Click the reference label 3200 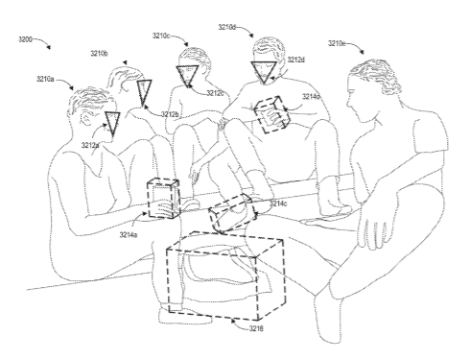pyautogui.click(x=25, y=39)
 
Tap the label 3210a pyautogui.click(x=45, y=79)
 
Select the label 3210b pyautogui.click(x=99, y=54)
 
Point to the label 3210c pyautogui.click(x=161, y=36)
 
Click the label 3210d pyautogui.click(x=227, y=27)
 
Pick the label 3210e pyautogui.click(x=337, y=43)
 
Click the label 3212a pyautogui.click(x=90, y=146)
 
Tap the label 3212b pyautogui.click(x=170, y=114)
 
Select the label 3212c pyautogui.click(x=215, y=93)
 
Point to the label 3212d pyautogui.click(x=296, y=60)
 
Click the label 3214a pyautogui.click(x=129, y=235)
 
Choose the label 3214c pyautogui.click(x=278, y=204)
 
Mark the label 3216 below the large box pyautogui.click(x=256, y=328)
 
